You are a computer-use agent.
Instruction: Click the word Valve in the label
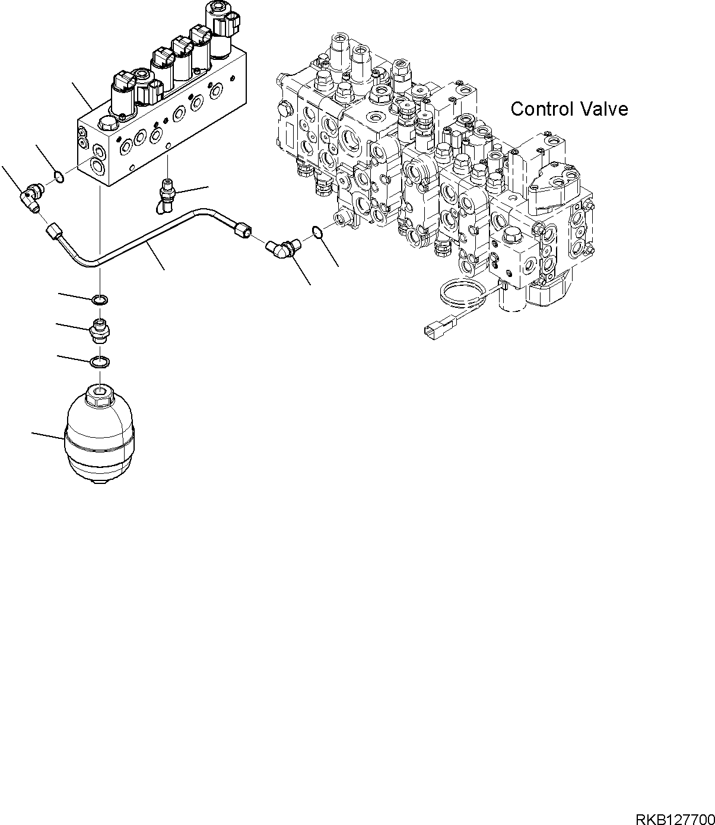(x=604, y=109)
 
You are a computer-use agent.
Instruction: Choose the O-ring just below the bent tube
(x=100, y=300)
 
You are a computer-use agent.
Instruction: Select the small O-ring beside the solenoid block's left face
(x=59, y=176)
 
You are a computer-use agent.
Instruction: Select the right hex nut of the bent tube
(x=242, y=231)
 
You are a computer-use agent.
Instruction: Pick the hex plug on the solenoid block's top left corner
(x=106, y=124)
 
